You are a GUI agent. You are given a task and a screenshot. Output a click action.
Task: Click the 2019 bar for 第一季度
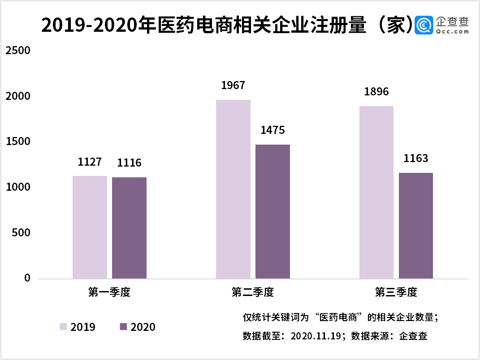point(90,227)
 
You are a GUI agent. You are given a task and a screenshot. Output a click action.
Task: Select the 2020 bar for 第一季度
point(129,228)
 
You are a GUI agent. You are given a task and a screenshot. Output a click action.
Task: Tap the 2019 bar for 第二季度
point(233,189)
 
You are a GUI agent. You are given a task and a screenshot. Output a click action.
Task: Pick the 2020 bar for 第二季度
point(272,211)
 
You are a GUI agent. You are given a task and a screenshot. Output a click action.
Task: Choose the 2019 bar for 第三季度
point(376,192)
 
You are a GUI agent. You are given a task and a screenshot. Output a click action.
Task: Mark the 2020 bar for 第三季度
point(416,226)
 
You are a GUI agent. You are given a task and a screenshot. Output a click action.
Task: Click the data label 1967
point(233,85)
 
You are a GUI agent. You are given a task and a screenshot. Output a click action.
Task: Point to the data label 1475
point(272,130)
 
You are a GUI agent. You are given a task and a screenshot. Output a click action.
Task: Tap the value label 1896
point(376,92)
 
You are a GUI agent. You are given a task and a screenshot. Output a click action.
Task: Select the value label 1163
point(416,158)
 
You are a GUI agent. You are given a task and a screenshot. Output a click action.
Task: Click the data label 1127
point(90,162)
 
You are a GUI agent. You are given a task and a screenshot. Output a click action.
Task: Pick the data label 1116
point(129,163)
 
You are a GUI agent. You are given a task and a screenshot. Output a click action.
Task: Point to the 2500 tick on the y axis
point(17,51)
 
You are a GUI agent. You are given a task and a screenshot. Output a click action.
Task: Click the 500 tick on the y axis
point(21,233)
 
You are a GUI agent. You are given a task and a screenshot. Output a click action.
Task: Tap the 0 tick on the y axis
point(27,279)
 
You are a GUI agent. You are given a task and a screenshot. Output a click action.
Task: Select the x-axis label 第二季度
point(253,293)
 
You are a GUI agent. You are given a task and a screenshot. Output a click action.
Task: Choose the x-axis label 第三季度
point(396,293)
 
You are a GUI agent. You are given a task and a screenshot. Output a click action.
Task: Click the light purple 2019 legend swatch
point(64,326)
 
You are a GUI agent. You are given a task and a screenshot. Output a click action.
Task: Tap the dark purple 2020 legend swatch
point(124,326)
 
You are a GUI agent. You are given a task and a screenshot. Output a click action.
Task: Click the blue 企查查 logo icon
point(424,26)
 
